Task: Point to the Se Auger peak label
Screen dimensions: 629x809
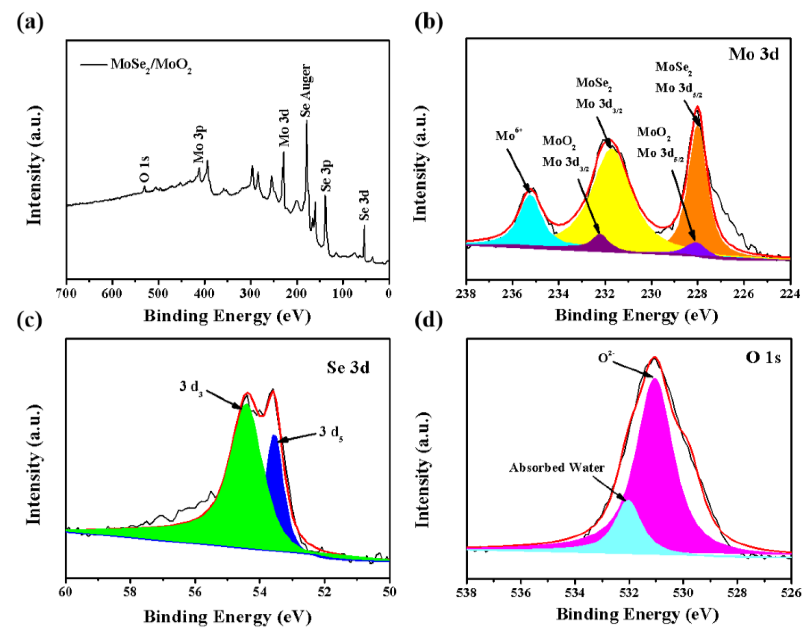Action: pyautogui.click(x=306, y=91)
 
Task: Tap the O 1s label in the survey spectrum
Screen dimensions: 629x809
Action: pyautogui.click(x=144, y=169)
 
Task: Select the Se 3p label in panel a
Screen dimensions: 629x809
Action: pyautogui.click(x=326, y=176)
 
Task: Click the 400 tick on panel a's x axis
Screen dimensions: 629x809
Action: pyautogui.click(x=204, y=294)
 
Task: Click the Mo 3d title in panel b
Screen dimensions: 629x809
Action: pyautogui.click(x=754, y=54)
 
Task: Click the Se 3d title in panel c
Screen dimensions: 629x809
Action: pyautogui.click(x=348, y=368)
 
